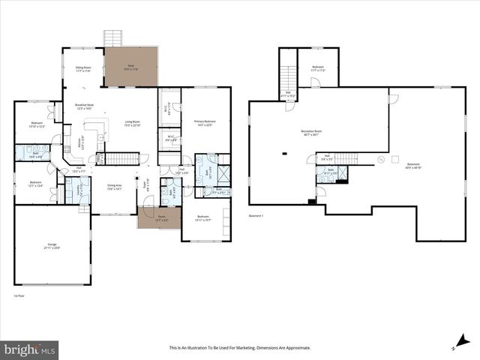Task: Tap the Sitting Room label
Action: click(83, 69)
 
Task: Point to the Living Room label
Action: click(133, 123)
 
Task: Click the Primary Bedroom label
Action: click(205, 122)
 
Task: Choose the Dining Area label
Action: click(115, 187)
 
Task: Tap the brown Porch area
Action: click(159, 218)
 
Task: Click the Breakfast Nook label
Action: click(84, 106)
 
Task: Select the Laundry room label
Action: click(79, 191)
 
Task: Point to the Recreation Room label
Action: click(310, 133)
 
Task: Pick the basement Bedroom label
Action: click(318, 68)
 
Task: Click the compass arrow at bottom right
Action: click(456, 345)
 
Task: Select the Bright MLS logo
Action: click(30, 349)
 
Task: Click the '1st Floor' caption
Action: click(20, 296)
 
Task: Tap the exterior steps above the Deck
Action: click(113, 38)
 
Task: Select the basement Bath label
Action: click(330, 172)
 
